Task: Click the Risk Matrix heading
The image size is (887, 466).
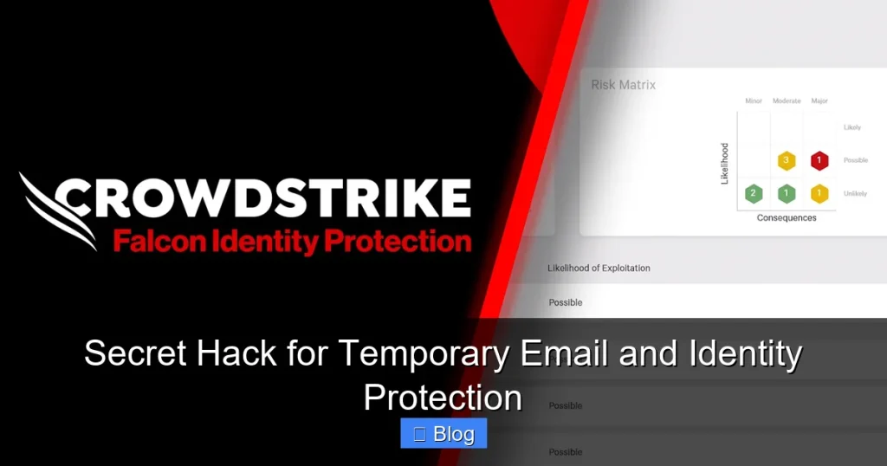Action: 623,85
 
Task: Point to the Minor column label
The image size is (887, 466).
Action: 754,101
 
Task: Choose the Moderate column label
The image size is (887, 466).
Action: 787,101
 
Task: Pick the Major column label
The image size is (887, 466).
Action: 819,101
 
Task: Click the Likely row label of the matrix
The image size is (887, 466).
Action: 852,127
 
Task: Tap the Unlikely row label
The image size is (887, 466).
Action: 855,194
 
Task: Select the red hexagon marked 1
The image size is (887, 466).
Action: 819,160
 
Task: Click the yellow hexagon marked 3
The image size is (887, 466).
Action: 787,160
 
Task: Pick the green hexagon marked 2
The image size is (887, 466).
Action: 754,193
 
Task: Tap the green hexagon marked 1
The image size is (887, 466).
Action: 787,193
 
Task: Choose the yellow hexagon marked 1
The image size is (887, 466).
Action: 819,193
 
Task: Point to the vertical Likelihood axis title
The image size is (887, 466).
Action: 725,164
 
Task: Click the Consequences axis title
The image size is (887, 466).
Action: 787,218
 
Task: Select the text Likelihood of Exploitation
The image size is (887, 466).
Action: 599,269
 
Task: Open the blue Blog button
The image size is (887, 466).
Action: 443,434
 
